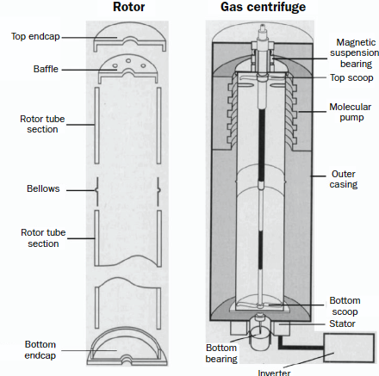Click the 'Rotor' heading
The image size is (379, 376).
128,7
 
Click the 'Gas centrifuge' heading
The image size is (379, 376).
263,8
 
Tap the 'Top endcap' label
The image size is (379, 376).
35,36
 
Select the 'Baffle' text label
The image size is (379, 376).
46,69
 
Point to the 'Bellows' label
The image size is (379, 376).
43,188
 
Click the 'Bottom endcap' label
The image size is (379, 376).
40,350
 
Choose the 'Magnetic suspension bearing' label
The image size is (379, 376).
355,53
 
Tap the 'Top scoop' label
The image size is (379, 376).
351,77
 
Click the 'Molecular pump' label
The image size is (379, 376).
351,112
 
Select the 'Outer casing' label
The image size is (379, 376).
344,179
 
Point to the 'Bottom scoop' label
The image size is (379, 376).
345,306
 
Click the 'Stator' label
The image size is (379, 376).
342,324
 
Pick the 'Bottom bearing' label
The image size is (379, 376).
221,354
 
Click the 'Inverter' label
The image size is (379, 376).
274,373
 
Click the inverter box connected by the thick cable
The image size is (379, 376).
349,348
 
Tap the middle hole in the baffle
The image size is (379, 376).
128,61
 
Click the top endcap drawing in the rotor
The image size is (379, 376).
130,37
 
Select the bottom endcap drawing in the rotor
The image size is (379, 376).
127,346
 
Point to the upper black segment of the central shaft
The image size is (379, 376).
262,145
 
